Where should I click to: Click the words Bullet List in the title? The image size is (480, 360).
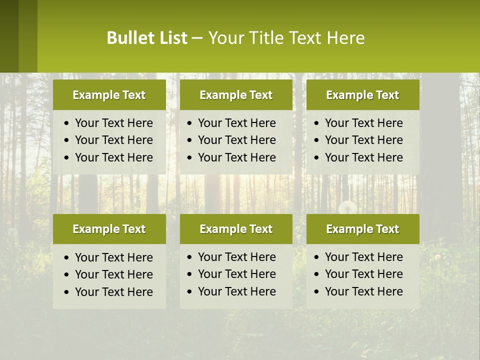(147, 38)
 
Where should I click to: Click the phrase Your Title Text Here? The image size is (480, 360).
(286, 38)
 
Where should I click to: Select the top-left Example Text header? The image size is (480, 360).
(109, 95)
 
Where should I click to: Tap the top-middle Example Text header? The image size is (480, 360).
(236, 95)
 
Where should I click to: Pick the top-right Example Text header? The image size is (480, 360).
(362, 95)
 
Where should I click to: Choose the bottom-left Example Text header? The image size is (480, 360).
(109, 229)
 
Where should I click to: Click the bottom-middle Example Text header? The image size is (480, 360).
(236, 229)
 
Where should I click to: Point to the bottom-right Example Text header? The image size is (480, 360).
(362, 229)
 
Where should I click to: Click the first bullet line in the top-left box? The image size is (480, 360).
(113, 123)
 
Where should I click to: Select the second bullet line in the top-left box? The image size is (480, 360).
(113, 140)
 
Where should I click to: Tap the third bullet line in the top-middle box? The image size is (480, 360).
(236, 157)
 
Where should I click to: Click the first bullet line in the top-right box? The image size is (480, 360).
(363, 123)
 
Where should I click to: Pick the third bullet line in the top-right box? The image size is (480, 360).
(363, 157)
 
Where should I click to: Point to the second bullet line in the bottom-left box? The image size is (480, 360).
(113, 274)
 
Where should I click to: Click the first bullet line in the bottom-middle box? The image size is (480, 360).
(236, 257)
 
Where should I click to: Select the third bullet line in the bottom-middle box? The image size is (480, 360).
(236, 291)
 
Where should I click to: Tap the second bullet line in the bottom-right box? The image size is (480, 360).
(363, 274)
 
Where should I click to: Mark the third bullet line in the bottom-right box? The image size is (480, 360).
(363, 291)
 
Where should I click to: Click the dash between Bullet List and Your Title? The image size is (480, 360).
(197, 38)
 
